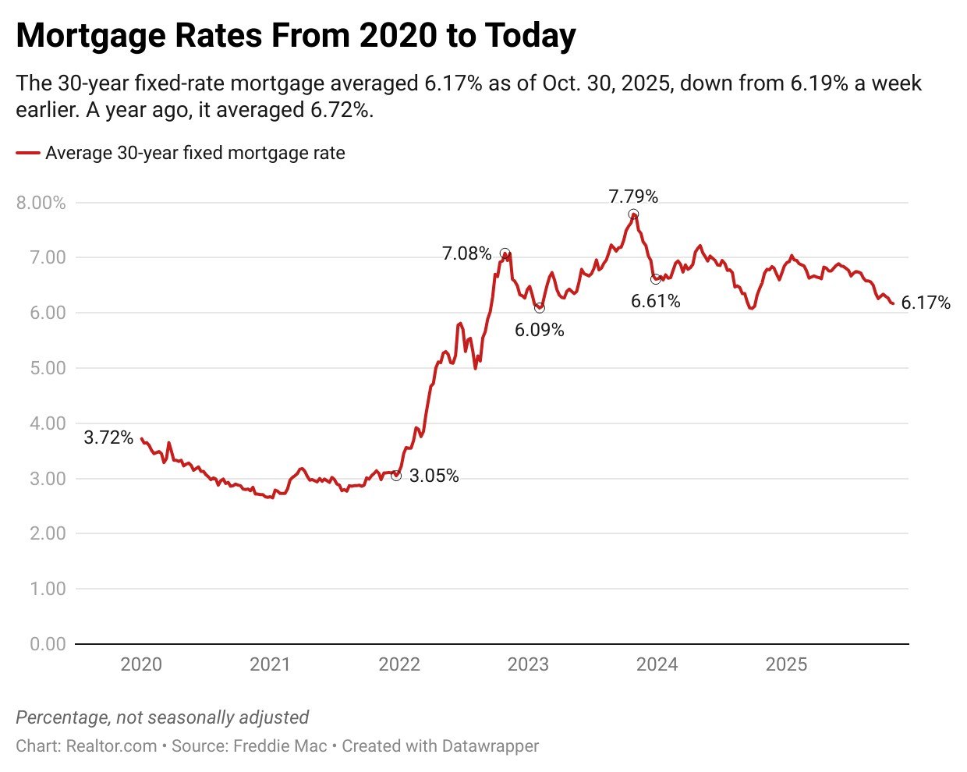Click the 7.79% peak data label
pos(633,197)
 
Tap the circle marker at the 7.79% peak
pos(633,214)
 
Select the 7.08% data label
pos(466,253)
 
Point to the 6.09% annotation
pos(539,330)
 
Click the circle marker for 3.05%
pos(396,475)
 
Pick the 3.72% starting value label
pos(108,437)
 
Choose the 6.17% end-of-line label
pos(926,303)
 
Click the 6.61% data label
pos(655,301)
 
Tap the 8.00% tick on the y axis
pos(41,203)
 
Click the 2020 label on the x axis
pos(141,664)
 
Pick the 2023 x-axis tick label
pos(528,664)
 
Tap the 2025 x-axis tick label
pos(786,664)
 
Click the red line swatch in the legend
pos(27,154)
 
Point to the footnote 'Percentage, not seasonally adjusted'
pos(162,717)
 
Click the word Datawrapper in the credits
pos(490,746)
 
